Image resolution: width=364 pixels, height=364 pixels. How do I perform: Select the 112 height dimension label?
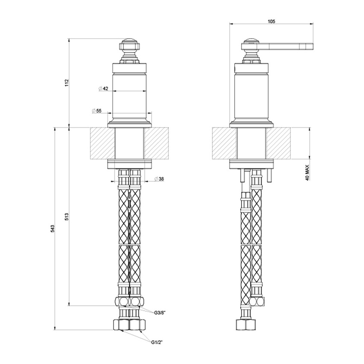pyautogui.click(x=66, y=83)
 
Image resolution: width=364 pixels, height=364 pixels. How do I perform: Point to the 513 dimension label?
pyautogui.click(x=66, y=216)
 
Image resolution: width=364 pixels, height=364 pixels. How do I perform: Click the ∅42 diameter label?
pyautogui.click(x=103, y=89)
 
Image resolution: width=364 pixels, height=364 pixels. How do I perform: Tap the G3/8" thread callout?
pyautogui.click(x=160, y=313)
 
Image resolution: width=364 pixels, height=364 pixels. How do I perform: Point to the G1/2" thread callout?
pyautogui.click(x=157, y=342)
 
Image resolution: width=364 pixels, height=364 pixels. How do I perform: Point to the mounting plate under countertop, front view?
pyautogui.click(x=130, y=163)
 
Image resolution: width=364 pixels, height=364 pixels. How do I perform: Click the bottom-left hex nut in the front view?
pyautogui.click(x=120, y=325)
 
